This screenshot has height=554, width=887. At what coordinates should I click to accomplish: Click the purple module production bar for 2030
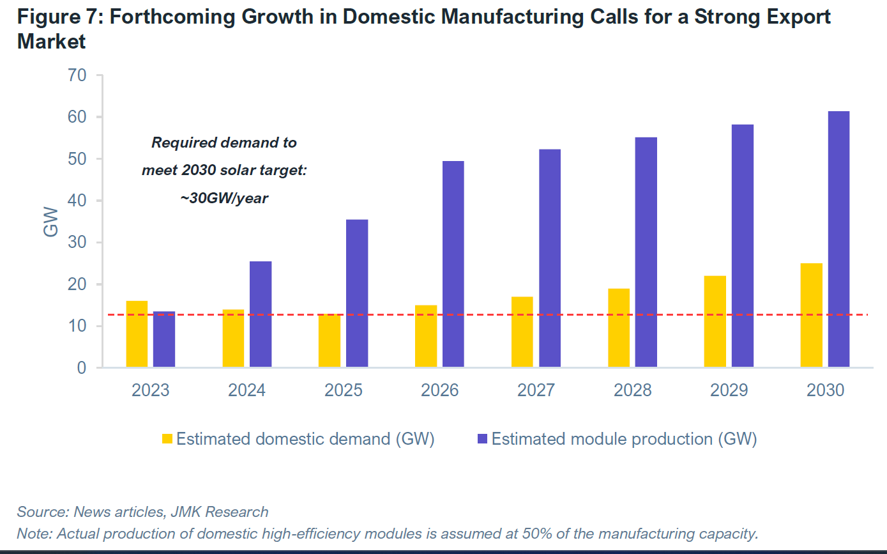pos(838,239)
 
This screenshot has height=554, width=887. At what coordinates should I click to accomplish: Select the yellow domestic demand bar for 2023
pos(137,334)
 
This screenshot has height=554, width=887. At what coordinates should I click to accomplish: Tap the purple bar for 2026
pos(453,264)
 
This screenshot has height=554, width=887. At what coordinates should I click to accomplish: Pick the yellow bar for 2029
pos(715,321)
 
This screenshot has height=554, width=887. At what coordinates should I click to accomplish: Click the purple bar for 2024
pos(261,314)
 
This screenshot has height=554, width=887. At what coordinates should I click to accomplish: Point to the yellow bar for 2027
pos(522,332)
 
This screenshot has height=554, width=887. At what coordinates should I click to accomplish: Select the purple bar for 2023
pos(164,339)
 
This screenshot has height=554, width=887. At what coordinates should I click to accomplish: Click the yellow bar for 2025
pos(330,341)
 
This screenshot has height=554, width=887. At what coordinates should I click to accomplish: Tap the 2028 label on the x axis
pos(633,390)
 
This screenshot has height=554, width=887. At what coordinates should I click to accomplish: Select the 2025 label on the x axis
pos(344,390)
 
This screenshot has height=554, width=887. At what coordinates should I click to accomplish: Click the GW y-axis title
pos(51,222)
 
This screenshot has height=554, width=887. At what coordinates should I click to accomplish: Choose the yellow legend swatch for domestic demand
pos(167,439)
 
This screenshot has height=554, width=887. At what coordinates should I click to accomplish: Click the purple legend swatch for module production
pos(482,439)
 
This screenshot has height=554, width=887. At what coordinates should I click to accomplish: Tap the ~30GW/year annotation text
pos(224,199)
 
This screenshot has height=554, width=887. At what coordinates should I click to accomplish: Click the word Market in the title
pos(51,42)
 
